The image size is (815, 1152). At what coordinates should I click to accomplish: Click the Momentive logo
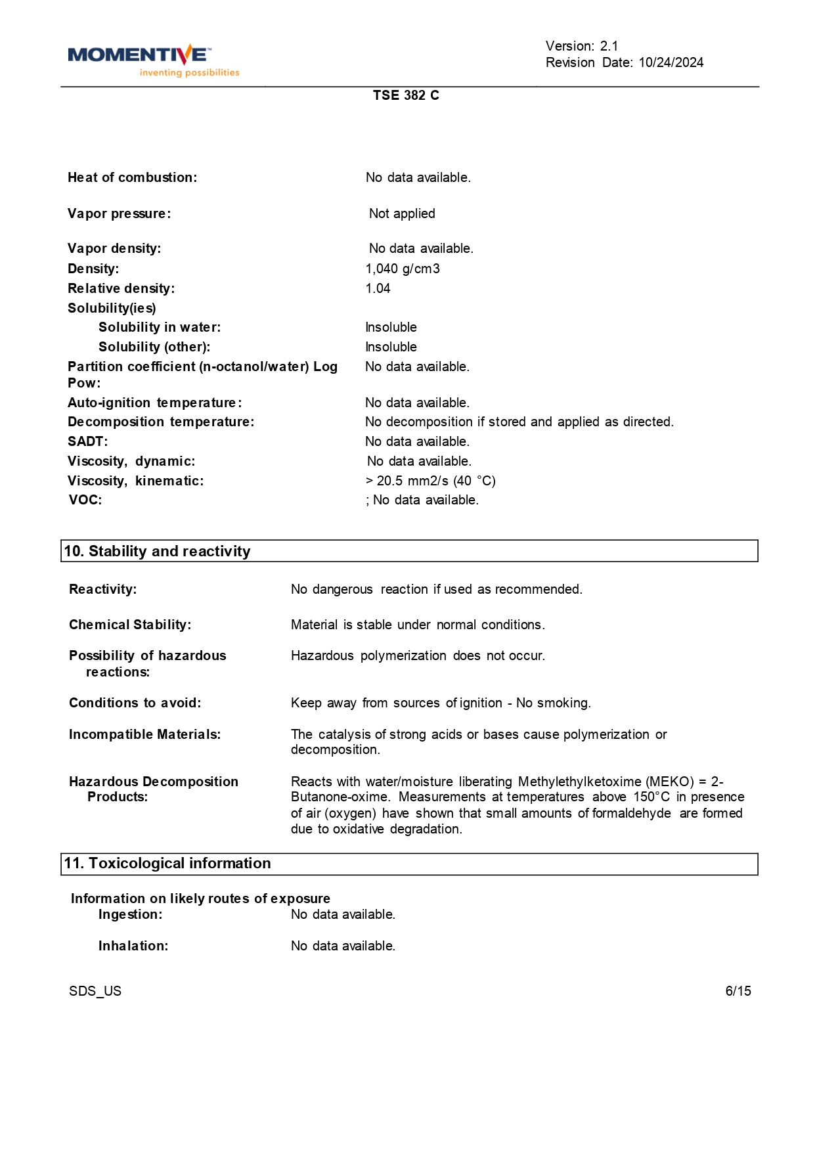153,60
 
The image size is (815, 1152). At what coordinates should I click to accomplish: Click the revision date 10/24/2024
671,62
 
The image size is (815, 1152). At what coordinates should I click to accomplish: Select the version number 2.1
609,46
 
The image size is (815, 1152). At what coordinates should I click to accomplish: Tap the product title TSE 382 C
406,95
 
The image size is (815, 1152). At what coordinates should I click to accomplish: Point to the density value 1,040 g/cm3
403,269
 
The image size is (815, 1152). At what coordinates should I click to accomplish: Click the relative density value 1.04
378,288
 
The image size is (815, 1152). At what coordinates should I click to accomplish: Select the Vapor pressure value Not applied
402,213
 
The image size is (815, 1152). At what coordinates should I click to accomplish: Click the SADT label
87,441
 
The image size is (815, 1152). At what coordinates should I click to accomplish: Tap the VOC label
85,500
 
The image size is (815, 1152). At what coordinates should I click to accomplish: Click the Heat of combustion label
132,177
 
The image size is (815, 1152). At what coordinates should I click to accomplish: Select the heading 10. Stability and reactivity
157,551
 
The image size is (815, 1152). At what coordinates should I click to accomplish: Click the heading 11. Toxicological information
167,863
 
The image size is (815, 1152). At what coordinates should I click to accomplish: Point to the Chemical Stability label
130,625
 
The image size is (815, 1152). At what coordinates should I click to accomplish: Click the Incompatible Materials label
144,734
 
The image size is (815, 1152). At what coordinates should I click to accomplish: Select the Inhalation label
133,946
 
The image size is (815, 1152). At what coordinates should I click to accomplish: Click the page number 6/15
738,991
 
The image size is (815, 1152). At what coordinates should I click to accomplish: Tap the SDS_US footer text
95,991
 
